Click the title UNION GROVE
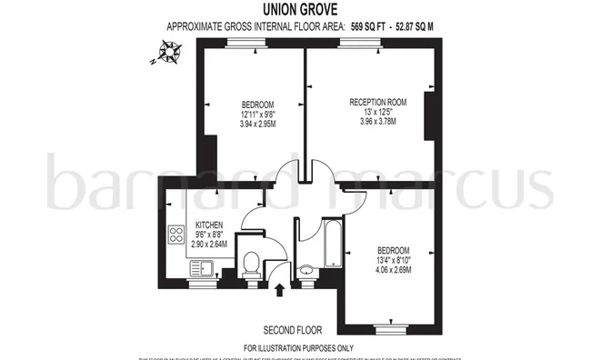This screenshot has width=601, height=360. tap(299, 9)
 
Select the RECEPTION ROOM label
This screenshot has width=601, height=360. tap(377, 102)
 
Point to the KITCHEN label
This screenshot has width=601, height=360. tap(210, 225)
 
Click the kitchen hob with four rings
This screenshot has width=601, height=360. tap(175, 236)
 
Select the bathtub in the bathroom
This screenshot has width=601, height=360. tap(329, 241)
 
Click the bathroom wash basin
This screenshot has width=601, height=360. tap(307, 270)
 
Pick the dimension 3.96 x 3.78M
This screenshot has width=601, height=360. tap(377, 121)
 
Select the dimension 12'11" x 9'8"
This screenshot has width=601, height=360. tap(257, 114)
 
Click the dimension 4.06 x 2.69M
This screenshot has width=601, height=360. tap(393, 270)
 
